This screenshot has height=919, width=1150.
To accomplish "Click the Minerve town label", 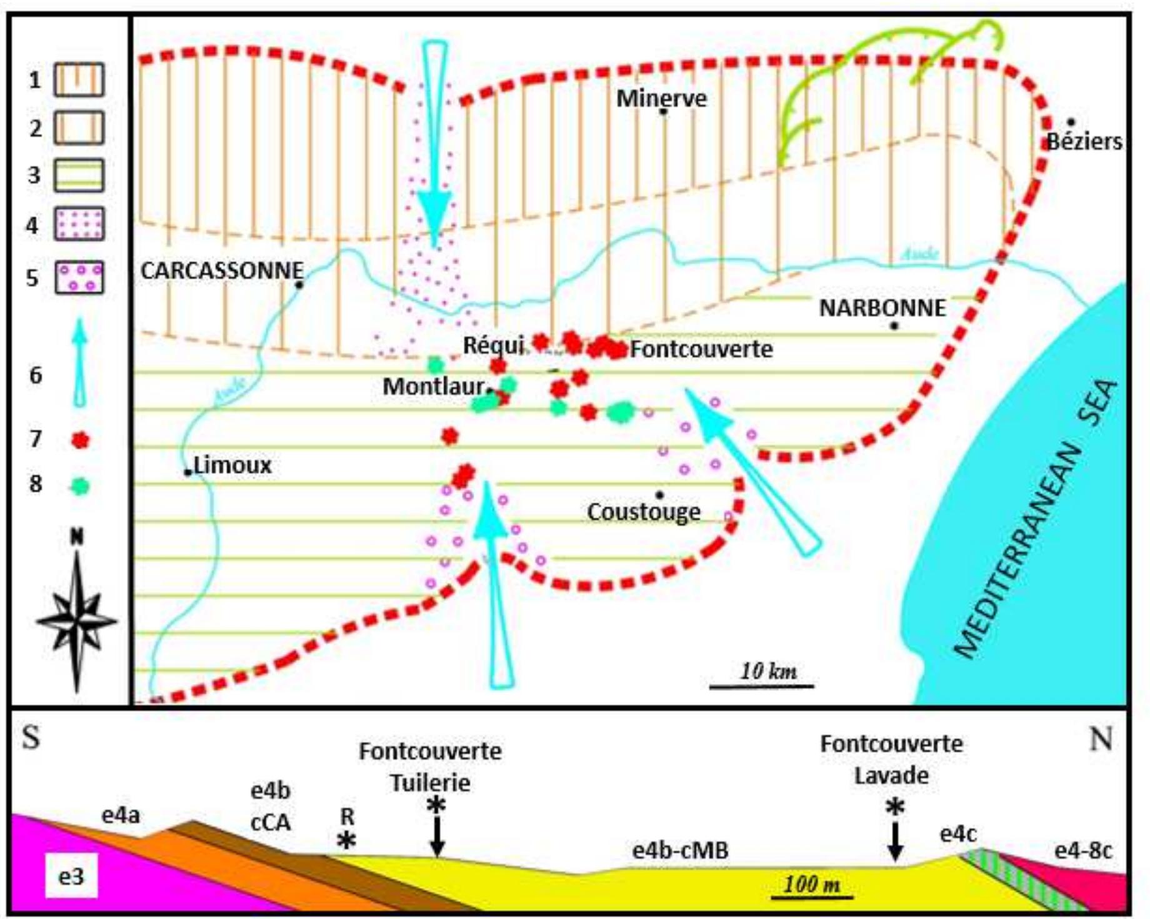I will point(661,98).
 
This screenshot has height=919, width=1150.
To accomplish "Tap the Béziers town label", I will point(1084,141).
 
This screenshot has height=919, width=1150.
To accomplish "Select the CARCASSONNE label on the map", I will point(222,270).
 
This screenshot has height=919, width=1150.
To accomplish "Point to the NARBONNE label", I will point(882,308).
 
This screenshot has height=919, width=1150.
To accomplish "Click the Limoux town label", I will point(232,465).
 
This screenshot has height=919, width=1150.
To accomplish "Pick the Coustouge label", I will point(644,511).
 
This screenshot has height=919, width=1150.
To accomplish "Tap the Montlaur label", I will point(433,386).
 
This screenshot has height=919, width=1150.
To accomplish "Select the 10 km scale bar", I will point(761,686).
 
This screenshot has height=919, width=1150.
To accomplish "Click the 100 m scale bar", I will point(811,897).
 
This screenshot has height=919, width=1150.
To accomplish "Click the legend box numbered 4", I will point(79,224).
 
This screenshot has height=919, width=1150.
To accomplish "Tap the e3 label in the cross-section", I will point(71,876).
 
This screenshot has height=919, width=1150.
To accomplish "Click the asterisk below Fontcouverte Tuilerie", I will point(436,806).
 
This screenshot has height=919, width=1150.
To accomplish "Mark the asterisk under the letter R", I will point(346,841).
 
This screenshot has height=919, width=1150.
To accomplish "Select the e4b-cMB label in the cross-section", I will point(680,850).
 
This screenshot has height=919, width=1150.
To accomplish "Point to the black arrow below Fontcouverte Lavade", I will point(895,841).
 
